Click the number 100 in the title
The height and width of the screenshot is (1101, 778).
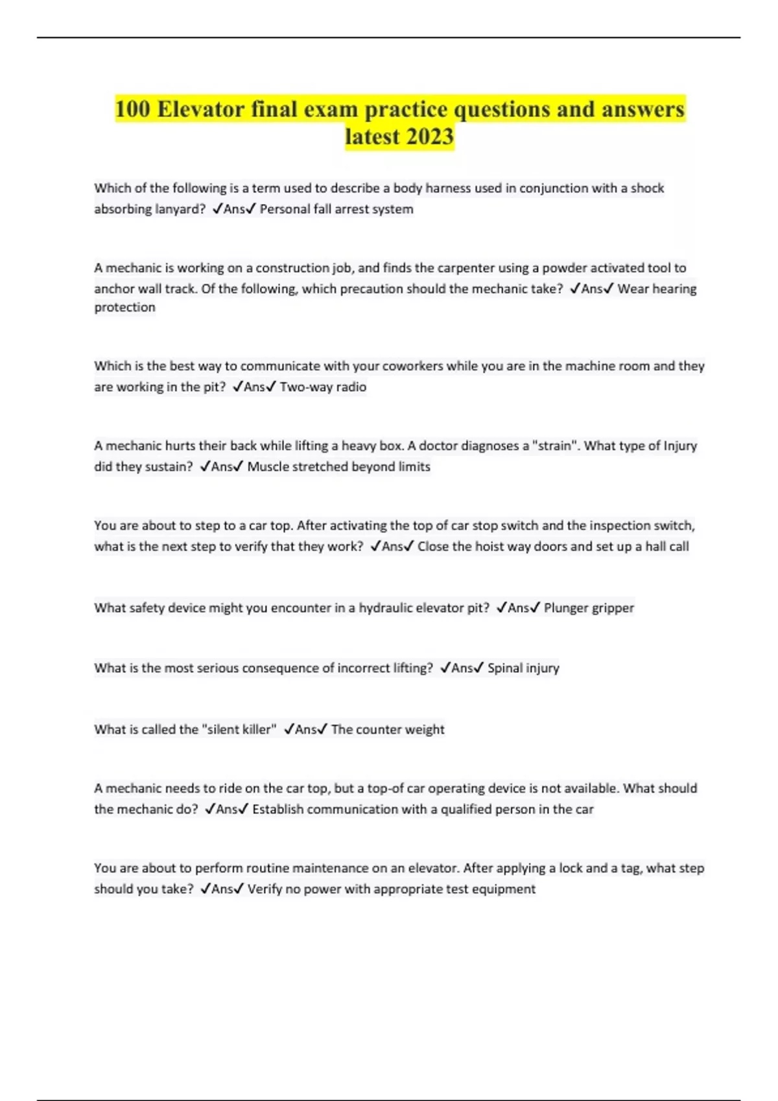click(x=133, y=109)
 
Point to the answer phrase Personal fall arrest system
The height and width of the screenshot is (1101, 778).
click(x=336, y=209)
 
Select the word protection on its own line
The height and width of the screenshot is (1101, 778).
click(x=124, y=308)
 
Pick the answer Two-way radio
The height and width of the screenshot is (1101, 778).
click(x=323, y=387)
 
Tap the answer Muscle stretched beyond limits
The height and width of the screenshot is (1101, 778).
click(x=338, y=466)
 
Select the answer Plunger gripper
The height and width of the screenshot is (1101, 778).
click(x=589, y=607)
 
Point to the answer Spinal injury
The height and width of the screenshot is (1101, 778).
click(x=523, y=668)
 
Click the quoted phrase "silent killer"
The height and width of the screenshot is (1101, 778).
click(x=239, y=729)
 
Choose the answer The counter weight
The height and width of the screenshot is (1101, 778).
click(x=388, y=729)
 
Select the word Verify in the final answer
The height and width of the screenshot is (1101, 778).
click(x=265, y=889)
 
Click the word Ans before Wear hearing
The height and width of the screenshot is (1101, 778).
click(x=591, y=289)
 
